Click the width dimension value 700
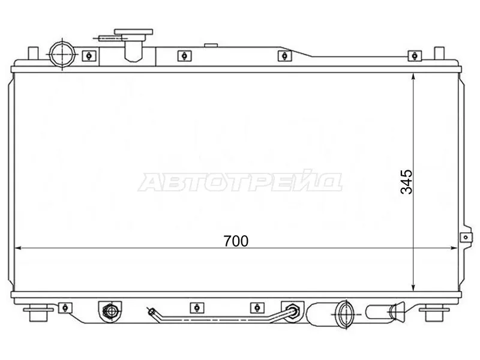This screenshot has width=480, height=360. coord(236,241)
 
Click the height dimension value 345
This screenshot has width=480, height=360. coord(407,182)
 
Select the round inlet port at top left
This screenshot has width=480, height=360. coord(62,52)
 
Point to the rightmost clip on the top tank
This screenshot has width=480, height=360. coord(413,56)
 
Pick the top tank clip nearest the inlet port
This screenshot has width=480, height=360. coord(88,56)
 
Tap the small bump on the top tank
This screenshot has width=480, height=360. coord(210,44)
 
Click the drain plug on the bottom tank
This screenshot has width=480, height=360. coord(109,311)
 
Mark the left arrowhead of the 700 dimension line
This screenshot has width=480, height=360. coord(17,247)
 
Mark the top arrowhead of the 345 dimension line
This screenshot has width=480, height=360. coord(415,75)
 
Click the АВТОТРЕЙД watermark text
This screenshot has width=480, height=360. coord(240,182)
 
